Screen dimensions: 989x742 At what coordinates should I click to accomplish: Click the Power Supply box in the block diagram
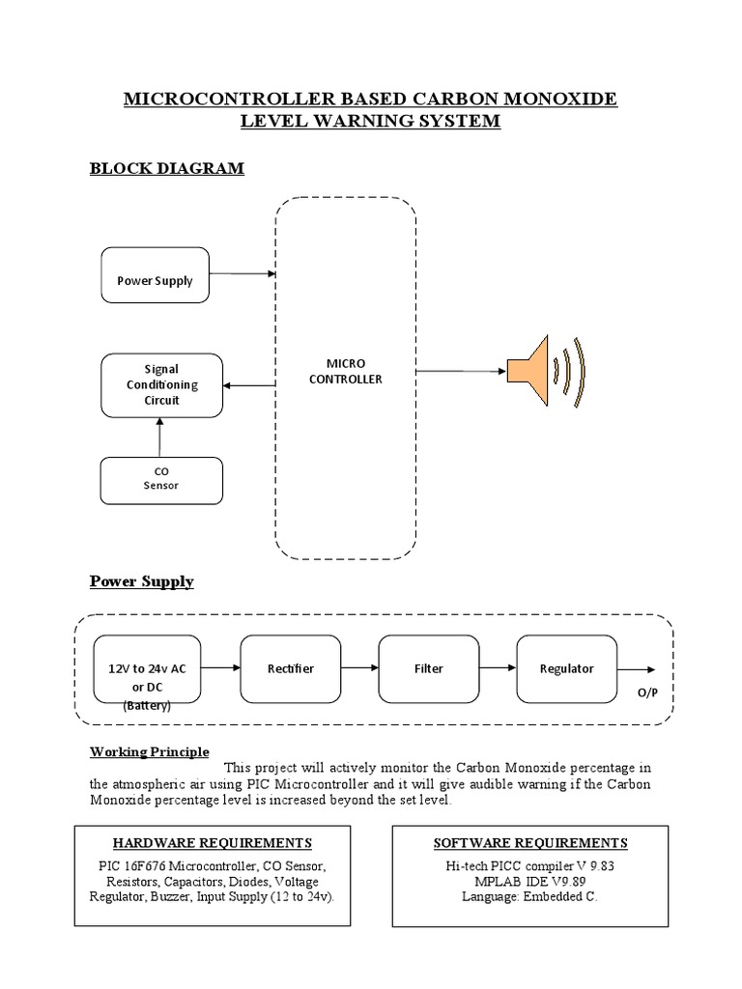(x=155, y=274)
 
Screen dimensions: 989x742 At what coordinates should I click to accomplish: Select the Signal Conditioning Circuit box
(x=161, y=384)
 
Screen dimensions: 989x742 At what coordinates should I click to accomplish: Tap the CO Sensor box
(x=161, y=479)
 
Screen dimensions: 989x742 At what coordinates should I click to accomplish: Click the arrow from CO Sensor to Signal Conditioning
(x=160, y=437)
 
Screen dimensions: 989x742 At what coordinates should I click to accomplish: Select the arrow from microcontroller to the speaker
(x=462, y=371)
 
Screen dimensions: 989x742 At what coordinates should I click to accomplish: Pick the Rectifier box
(x=291, y=668)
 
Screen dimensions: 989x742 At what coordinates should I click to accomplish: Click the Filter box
(x=430, y=668)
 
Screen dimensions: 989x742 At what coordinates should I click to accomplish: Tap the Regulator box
(x=567, y=668)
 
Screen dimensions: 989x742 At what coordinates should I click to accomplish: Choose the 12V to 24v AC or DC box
(x=147, y=668)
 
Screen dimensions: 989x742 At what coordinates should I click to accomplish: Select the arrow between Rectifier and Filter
(x=360, y=666)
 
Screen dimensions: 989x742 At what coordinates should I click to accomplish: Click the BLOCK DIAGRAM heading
(x=167, y=169)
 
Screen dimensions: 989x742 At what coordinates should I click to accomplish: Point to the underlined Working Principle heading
(x=150, y=752)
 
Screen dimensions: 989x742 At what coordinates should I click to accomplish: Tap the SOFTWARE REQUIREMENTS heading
(x=530, y=843)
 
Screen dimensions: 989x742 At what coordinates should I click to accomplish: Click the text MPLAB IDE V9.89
(x=530, y=881)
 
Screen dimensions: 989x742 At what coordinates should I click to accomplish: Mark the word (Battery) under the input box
(x=147, y=706)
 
